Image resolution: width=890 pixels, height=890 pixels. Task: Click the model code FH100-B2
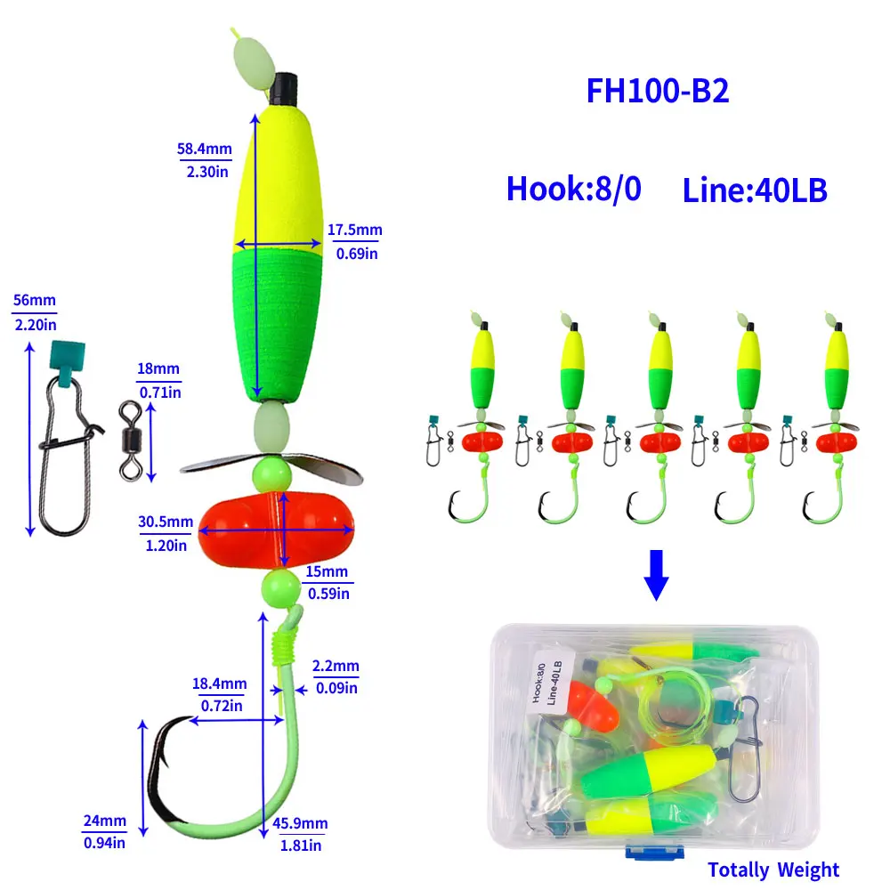pyautogui.click(x=657, y=92)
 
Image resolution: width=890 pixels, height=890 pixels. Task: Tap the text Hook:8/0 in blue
pyautogui.click(x=573, y=189)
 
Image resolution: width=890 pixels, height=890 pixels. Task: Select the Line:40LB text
pyautogui.click(x=755, y=190)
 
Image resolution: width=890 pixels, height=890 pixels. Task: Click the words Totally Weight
pyautogui.click(x=773, y=870)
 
